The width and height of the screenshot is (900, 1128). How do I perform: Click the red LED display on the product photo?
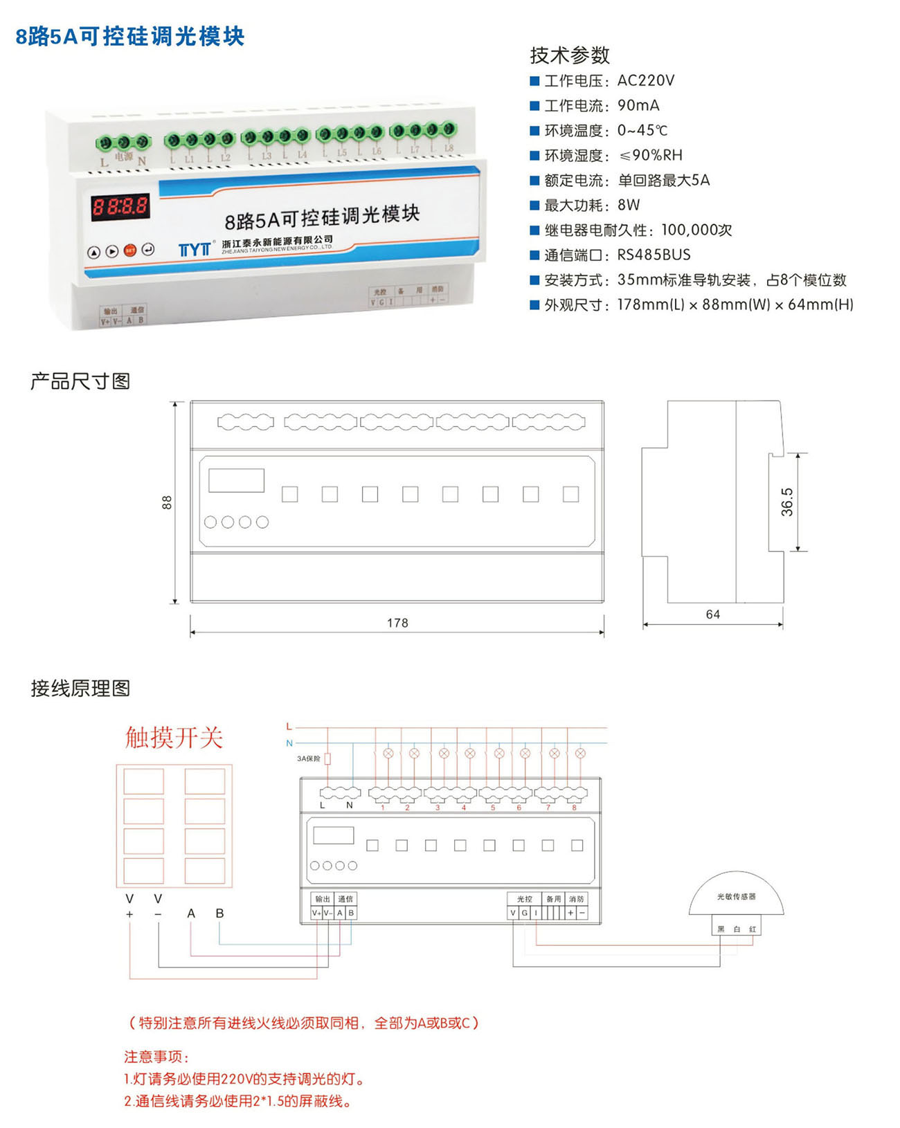pos(120,206)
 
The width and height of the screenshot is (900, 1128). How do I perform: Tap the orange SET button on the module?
pos(129,251)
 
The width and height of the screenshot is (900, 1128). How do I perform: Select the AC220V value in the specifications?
pos(645,80)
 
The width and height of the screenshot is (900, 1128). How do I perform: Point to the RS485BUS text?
pos(654,255)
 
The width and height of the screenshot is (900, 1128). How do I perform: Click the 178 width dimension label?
pos(397,623)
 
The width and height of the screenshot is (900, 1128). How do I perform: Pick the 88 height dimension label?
pos(167,502)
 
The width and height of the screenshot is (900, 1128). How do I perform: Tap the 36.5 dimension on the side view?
pos(787,502)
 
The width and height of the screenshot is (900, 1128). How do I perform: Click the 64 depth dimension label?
pos(712,615)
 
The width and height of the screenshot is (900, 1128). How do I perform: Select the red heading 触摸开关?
pos(174,738)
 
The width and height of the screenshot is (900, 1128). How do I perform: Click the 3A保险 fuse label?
pos(309,758)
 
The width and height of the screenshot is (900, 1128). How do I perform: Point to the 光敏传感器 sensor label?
pos(736,896)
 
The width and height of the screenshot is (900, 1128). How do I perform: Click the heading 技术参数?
pos(570,55)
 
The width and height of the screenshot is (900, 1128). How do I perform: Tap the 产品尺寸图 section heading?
pos(80,381)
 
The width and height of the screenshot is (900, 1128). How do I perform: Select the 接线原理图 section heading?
pos(80,689)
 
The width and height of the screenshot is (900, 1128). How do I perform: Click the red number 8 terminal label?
pos(574,808)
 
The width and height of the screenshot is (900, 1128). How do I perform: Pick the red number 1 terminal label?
pos(382,808)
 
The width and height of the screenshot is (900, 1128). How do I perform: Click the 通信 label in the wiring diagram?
pos(345,899)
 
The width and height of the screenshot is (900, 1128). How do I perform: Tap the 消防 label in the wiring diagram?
pos(576,899)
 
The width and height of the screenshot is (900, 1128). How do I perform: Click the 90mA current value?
pos(638,105)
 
